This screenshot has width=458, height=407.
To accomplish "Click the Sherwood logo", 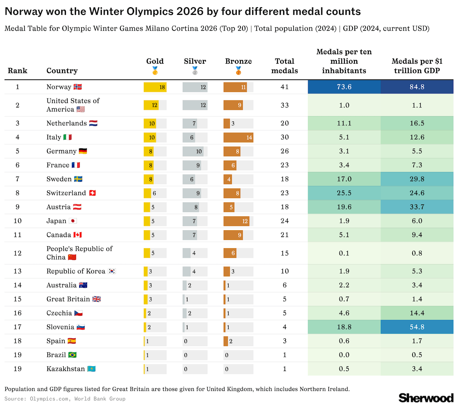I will click(x=426, y=398).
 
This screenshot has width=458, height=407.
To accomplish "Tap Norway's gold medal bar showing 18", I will click(x=155, y=87).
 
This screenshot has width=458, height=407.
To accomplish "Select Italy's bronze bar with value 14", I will click(x=238, y=137).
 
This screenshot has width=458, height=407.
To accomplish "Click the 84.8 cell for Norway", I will click(x=417, y=87).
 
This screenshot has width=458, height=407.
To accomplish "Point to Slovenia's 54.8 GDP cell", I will click(x=417, y=327).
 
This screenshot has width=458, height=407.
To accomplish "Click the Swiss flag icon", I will click(x=92, y=193).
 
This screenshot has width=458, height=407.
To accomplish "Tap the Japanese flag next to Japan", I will click(x=73, y=221).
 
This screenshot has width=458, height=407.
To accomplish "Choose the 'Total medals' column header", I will click(x=284, y=66).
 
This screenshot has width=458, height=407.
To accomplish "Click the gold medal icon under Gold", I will click(x=155, y=71).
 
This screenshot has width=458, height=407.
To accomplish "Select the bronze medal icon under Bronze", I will click(x=238, y=71).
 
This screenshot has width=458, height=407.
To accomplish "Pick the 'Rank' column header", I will click(x=18, y=71).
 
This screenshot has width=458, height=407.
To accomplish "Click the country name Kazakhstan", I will click(x=65, y=369).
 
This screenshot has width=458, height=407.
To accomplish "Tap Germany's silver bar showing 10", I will click(x=193, y=151).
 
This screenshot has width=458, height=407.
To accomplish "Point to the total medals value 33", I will click(x=284, y=105).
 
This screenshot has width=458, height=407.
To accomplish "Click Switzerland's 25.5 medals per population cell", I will click(x=344, y=193).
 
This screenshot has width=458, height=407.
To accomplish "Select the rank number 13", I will click(x=18, y=271).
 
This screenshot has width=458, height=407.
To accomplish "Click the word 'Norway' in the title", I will click(x=24, y=11).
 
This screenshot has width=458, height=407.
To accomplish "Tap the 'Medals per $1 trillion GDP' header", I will click(x=417, y=66).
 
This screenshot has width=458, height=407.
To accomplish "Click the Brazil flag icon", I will click(x=72, y=355).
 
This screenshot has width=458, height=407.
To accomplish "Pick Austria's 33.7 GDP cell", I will click(x=417, y=207).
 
